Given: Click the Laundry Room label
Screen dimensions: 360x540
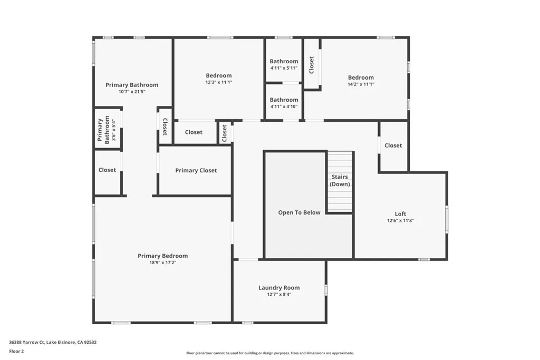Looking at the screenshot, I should tap(279, 288).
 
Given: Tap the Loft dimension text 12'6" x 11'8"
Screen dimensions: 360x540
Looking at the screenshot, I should tap(400, 221).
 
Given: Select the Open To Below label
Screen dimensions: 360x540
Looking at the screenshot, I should tap(299, 212).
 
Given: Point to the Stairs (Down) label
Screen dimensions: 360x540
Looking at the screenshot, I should tap(340, 180).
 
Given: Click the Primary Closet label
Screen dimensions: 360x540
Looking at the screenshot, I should tap(196, 170).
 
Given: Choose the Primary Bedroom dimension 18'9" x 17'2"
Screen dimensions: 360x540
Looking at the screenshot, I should tap(162, 262).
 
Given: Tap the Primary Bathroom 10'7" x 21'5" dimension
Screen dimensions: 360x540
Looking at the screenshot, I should tap(132, 92).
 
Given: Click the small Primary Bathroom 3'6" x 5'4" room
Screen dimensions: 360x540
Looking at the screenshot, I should tap(107, 130).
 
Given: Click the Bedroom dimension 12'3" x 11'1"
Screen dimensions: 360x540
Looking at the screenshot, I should tap(219, 82).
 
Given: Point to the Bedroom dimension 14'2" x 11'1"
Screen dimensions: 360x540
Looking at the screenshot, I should tap(361, 84).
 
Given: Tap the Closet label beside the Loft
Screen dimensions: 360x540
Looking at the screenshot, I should tap(393, 145).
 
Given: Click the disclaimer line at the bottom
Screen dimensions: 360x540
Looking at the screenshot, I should tap(269, 353).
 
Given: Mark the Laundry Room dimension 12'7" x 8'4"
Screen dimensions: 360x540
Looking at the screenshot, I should tap(279, 295).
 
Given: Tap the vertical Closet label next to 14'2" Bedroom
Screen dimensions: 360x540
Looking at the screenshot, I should tap(312, 65).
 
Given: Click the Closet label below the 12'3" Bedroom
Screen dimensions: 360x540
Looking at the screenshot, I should tap(194, 132).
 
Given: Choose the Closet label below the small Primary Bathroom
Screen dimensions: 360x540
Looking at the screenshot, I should tap(107, 170).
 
